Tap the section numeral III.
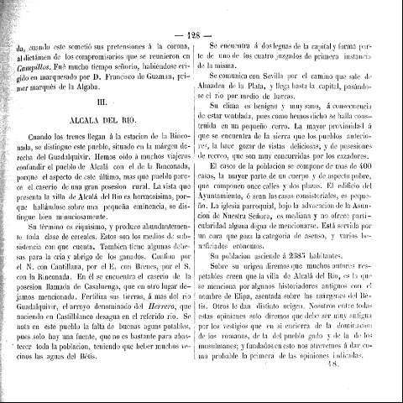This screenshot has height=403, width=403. pos(102,101)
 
